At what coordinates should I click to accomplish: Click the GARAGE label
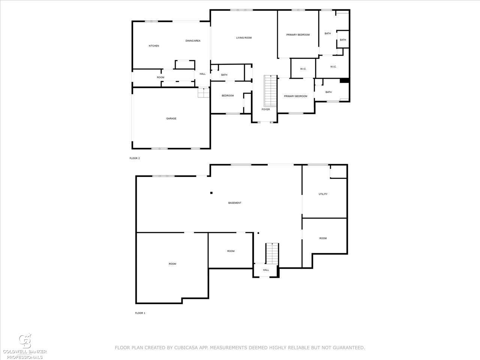(171, 118)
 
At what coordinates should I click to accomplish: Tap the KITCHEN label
(154, 46)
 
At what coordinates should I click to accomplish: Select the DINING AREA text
(193, 40)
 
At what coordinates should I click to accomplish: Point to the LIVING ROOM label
(244, 38)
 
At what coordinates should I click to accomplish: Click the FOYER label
(266, 109)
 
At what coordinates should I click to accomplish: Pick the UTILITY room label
(323, 194)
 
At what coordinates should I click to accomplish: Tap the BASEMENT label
(235, 203)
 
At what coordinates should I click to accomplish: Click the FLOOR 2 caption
(135, 158)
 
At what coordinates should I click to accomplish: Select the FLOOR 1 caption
(140, 313)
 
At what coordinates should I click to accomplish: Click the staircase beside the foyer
(270, 91)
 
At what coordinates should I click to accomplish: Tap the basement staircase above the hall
(272, 253)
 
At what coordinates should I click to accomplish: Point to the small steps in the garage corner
(204, 93)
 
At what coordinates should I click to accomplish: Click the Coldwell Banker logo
(25, 346)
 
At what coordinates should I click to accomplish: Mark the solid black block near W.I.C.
(344, 80)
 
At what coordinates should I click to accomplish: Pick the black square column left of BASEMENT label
(211, 193)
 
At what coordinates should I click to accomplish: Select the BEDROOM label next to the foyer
(228, 96)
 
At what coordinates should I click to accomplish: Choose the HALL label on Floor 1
(266, 270)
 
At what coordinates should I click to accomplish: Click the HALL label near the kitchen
(202, 74)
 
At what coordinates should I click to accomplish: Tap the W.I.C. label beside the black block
(333, 67)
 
